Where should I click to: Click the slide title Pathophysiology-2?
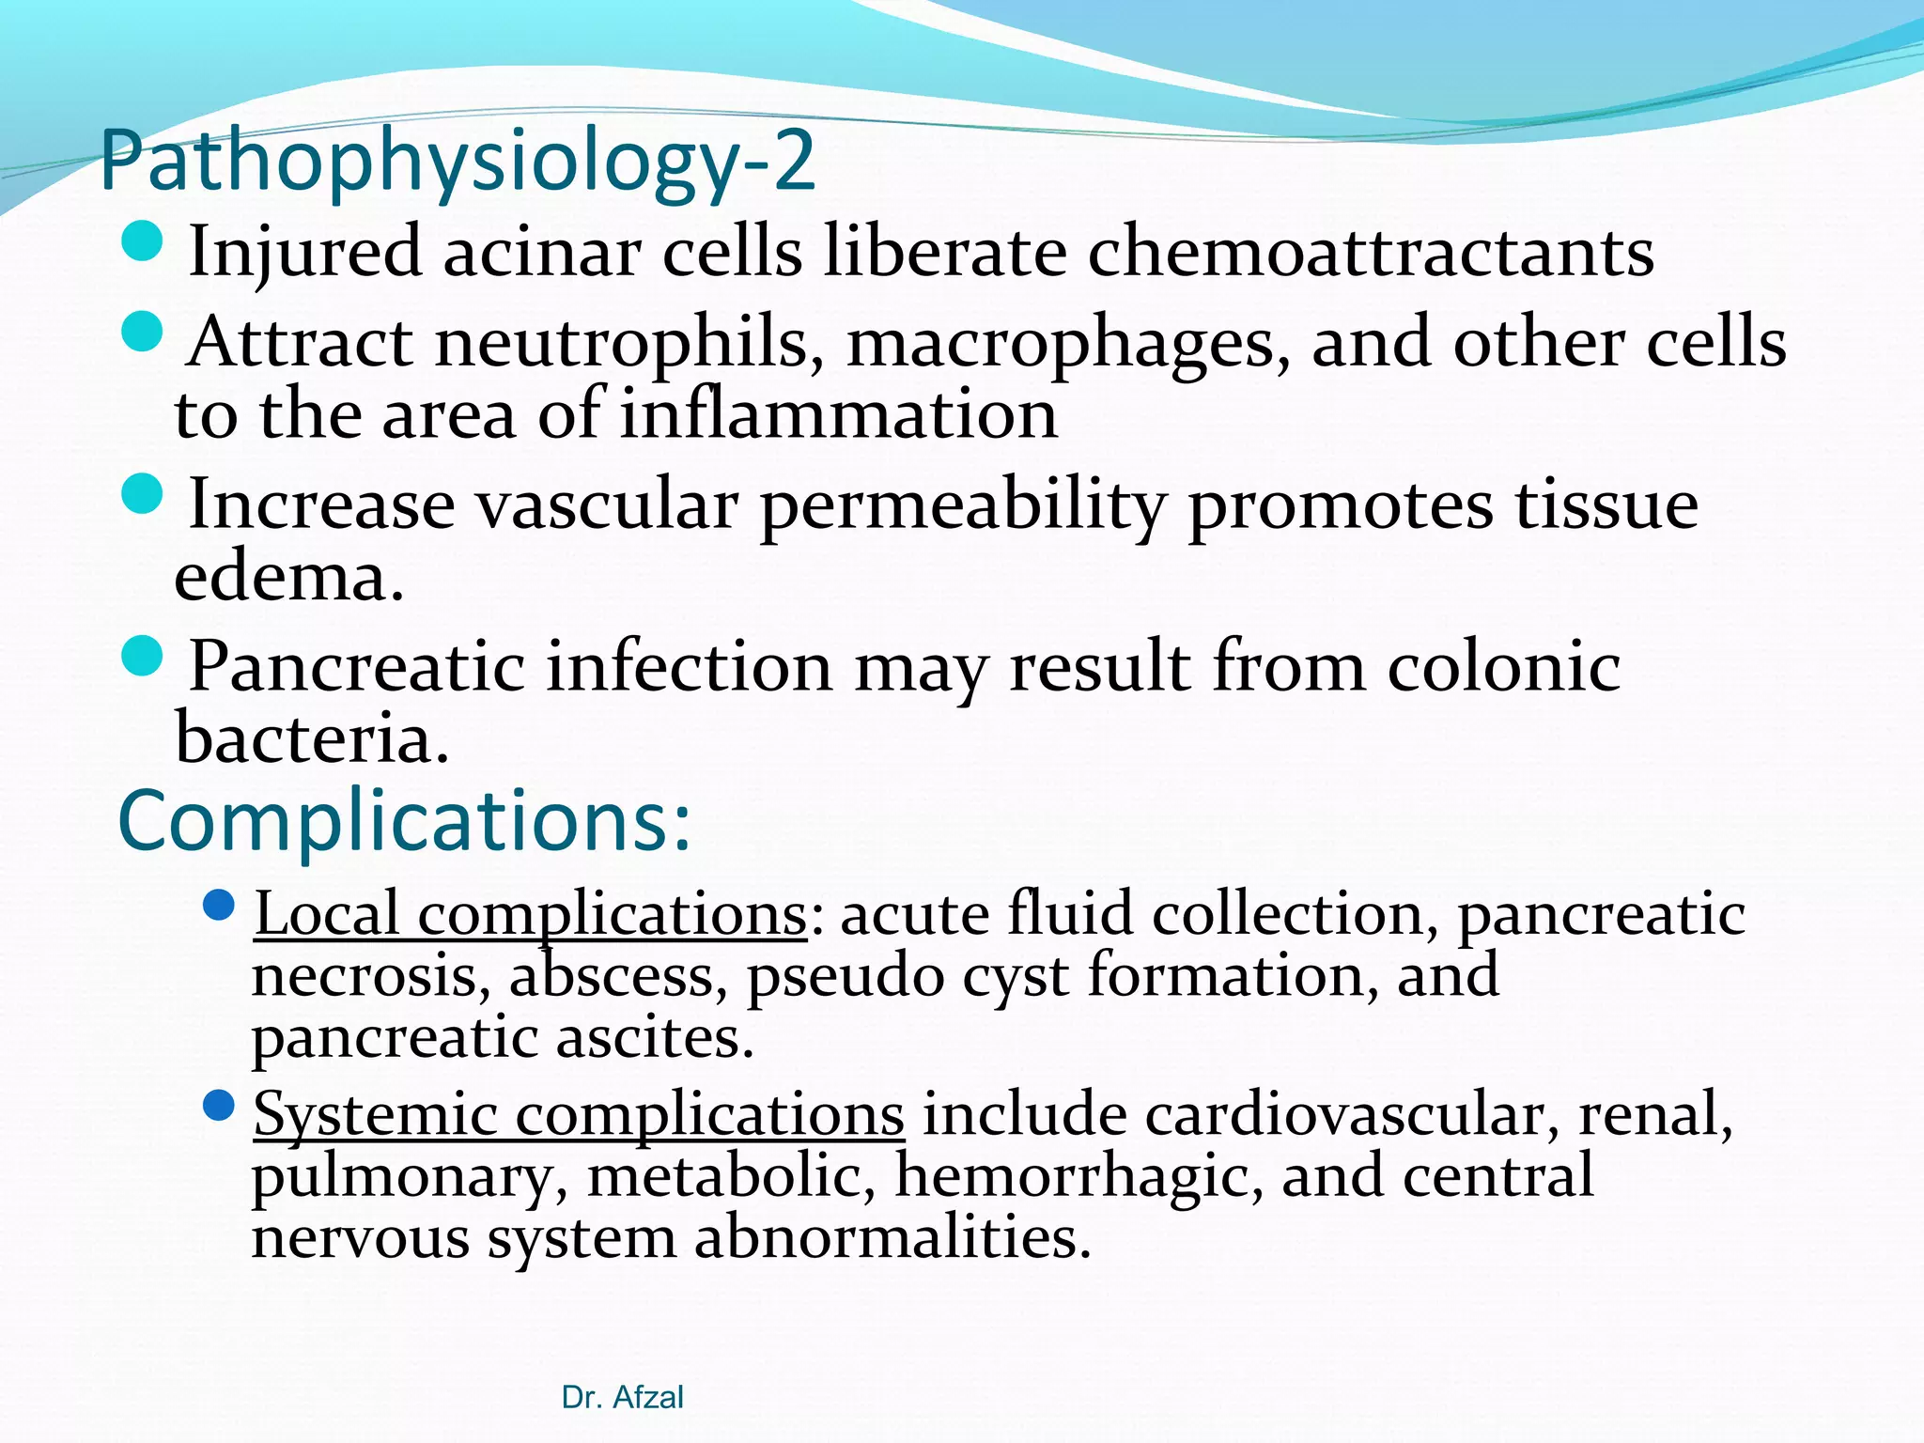pos(457,162)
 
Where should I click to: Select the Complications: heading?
pos(404,821)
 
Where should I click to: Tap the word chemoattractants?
pos(1371,252)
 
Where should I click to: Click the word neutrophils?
pos(621,342)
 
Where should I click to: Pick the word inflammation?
pos(838,414)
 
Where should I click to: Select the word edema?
pos(288,577)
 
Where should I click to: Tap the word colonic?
pos(1503,667)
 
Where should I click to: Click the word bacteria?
pos(311,738)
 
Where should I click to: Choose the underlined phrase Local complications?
pos(530,914)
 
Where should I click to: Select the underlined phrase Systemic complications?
pos(579,1115)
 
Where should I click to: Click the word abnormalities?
pos(892,1238)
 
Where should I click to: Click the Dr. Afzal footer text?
pos(622,1398)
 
